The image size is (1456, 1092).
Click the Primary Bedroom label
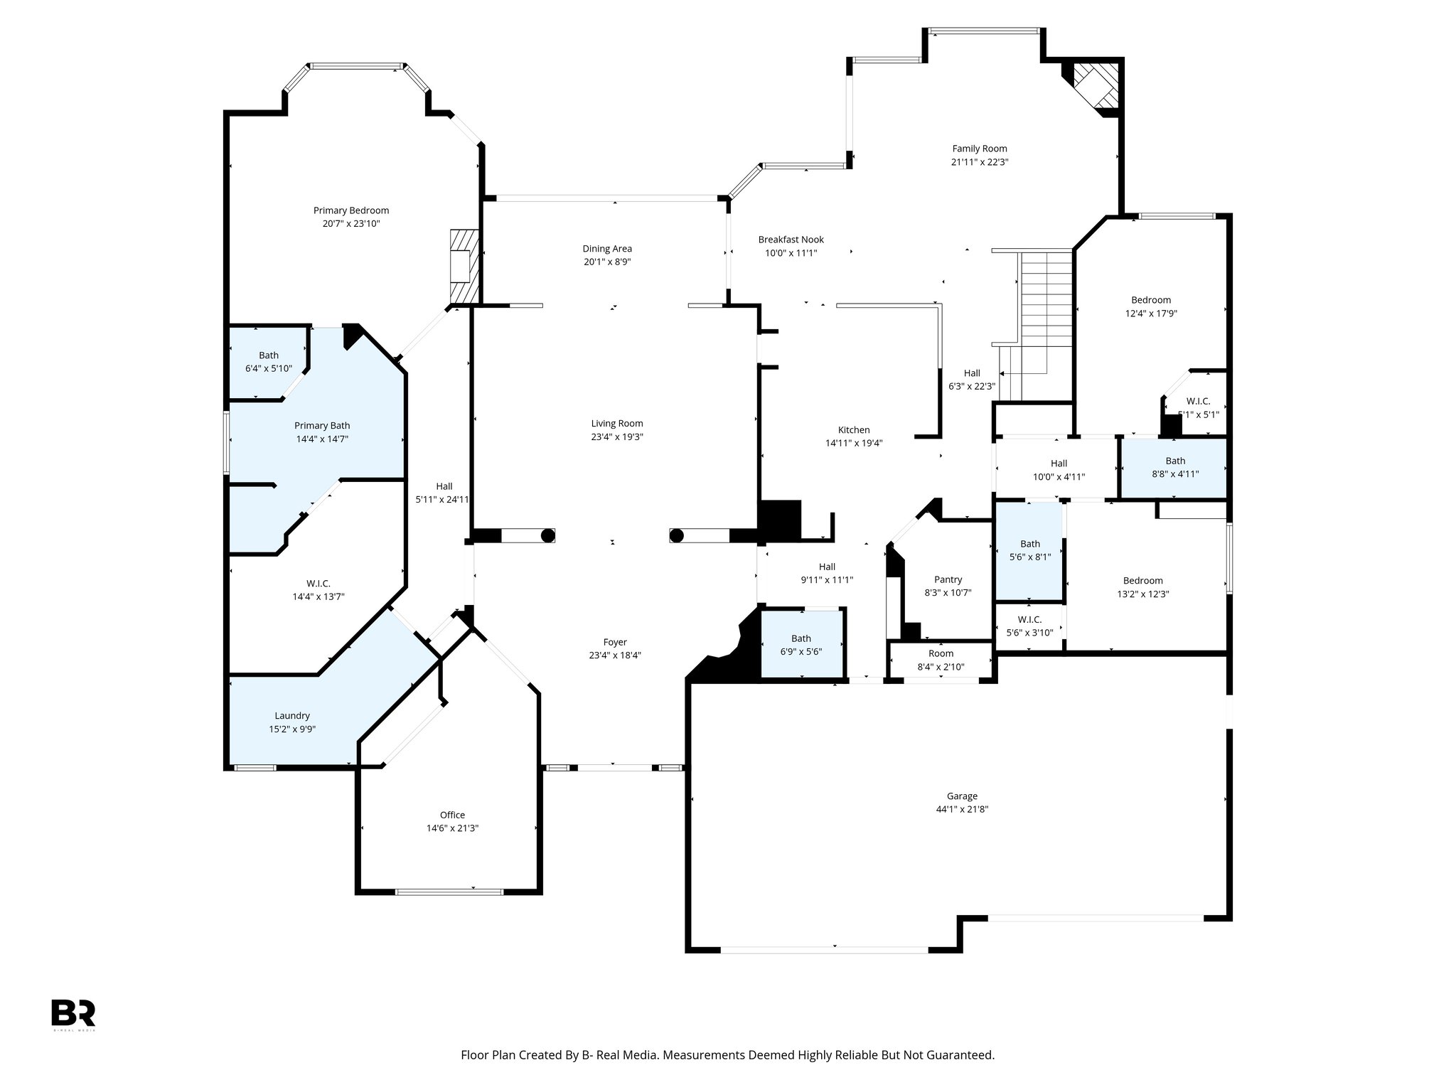click(x=351, y=210)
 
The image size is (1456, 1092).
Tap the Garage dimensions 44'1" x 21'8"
click(x=962, y=809)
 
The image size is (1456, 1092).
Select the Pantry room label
click(x=948, y=579)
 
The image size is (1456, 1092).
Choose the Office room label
click(x=452, y=815)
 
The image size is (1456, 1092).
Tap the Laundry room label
click(x=292, y=716)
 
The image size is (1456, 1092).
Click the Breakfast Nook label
click(x=791, y=240)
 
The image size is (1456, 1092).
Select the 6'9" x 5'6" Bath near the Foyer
click(x=801, y=644)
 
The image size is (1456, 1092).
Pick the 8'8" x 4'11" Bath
click(x=1174, y=467)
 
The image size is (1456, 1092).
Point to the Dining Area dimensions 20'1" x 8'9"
click(x=607, y=262)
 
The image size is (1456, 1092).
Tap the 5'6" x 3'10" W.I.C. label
click(x=1029, y=626)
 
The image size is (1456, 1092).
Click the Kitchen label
click(x=853, y=430)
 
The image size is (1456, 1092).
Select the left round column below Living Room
click(x=547, y=536)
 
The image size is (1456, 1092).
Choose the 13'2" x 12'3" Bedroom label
click(x=1142, y=581)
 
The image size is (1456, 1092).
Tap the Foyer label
click(x=615, y=642)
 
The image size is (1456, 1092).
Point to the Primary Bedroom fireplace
click(x=464, y=267)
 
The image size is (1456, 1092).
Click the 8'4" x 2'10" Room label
click(x=941, y=653)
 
